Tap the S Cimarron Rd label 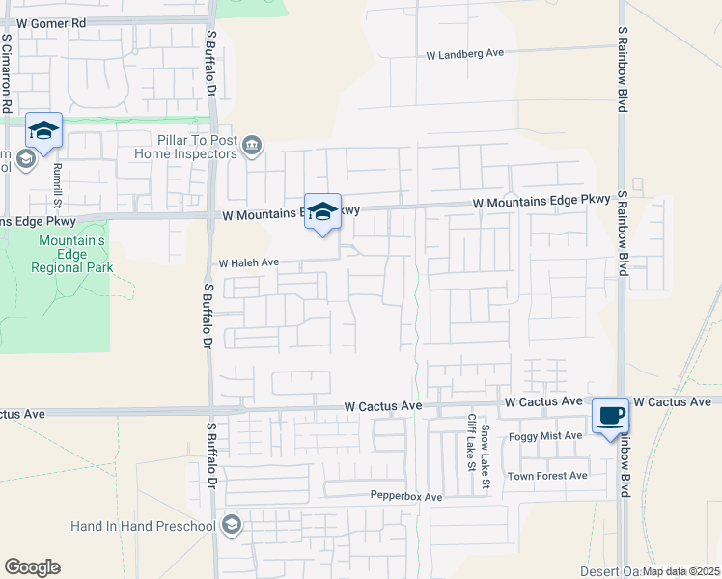coord(7,73)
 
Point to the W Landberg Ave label coord(466,55)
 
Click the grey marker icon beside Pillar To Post coord(252,146)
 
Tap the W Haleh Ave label coord(248,262)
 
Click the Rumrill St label coord(58,185)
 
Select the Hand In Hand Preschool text coord(143,526)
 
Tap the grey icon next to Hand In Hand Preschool coord(231,525)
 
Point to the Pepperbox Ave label coord(405,497)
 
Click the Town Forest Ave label coord(547,476)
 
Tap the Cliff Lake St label coord(472,443)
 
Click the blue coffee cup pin coord(610,416)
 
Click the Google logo coord(32,567)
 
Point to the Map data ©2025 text coord(680,571)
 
